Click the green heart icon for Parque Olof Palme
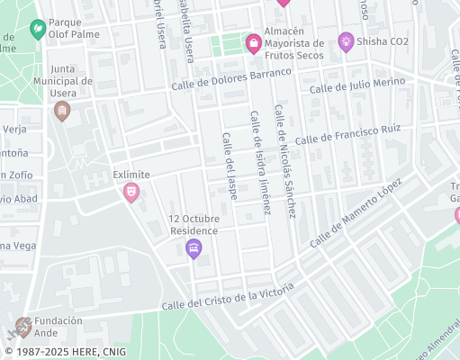pyautogui.click(x=37, y=29)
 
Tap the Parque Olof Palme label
pyautogui.click(x=70, y=29)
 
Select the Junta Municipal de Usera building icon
pyautogui.click(x=61, y=111)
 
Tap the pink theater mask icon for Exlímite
pyautogui.click(x=131, y=193)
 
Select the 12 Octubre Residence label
pyautogui.click(x=194, y=224)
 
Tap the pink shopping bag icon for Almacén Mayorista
pyautogui.click(x=254, y=41)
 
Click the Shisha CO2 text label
pyautogui.click(x=384, y=40)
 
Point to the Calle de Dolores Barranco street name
pyautogui.click(x=232, y=79)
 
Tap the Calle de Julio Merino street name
pyautogui.click(x=356, y=85)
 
